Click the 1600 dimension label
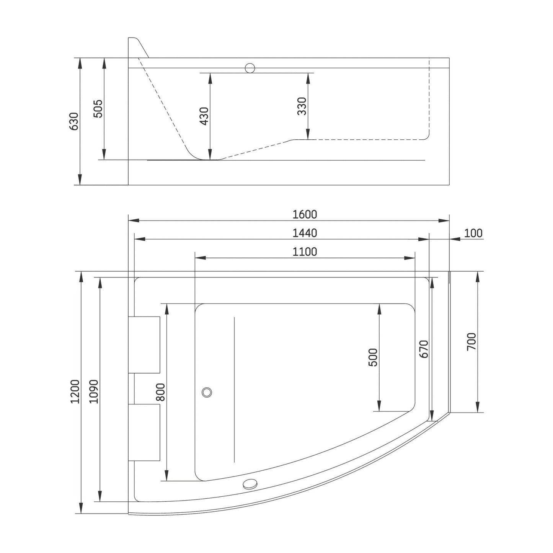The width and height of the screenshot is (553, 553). pos(305,214)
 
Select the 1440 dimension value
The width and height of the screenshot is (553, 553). pos(305,233)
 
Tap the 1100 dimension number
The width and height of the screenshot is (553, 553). pos(305,252)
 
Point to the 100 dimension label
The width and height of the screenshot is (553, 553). pos(473,233)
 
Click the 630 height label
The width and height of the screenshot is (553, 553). pos(74,121)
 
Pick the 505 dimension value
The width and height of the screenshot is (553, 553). pos(98,109)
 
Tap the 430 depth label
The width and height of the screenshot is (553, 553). pos(204,116)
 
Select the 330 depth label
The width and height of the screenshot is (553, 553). pos(302,106)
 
